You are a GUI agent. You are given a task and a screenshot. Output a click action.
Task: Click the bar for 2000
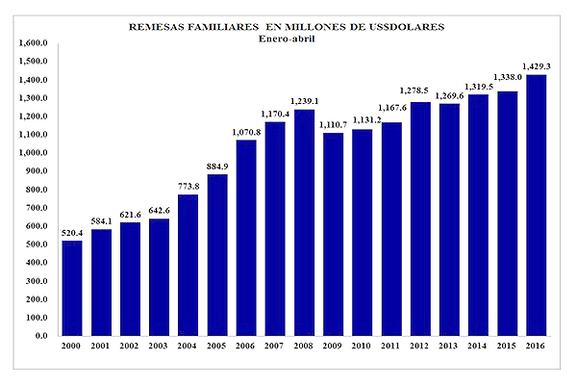(x=72, y=288)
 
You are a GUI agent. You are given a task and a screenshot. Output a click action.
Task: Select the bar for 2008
(x=304, y=222)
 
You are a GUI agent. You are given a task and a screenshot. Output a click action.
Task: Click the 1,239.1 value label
(x=304, y=100)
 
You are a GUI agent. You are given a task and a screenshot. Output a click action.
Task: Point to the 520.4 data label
(x=72, y=231)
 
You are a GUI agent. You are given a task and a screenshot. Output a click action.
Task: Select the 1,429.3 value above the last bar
(x=536, y=65)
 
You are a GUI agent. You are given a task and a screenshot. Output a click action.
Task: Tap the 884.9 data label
(x=216, y=165)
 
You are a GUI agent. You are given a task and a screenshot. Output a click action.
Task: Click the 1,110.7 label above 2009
(x=333, y=124)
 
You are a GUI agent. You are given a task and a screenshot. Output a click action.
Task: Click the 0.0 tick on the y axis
(x=38, y=336)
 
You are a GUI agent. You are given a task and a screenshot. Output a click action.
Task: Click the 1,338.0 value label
(x=507, y=78)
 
